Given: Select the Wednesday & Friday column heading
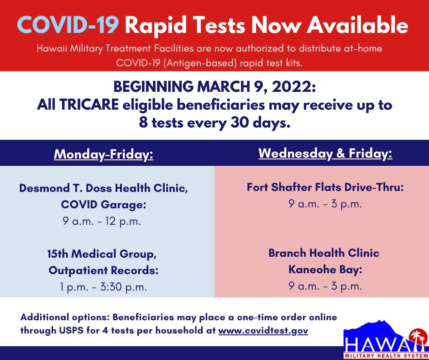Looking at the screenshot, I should pyautogui.click(x=325, y=154).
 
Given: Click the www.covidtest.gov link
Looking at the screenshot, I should pyautogui.click(x=263, y=330).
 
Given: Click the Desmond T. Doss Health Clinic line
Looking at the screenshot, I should pyautogui.click(x=104, y=188).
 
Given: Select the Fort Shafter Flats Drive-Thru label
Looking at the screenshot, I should pyautogui.click(x=325, y=187).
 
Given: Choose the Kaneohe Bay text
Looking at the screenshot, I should pyautogui.click(x=325, y=270).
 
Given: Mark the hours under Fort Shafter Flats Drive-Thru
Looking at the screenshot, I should pyautogui.click(x=325, y=204).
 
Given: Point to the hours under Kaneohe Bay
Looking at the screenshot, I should pyautogui.click(x=325, y=286).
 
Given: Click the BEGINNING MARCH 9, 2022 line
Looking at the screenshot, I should pyautogui.click(x=214, y=87).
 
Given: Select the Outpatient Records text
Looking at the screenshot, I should pyautogui.click(x=104, y=270).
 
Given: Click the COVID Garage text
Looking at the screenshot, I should pyautogui.click(x=104, y=205).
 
